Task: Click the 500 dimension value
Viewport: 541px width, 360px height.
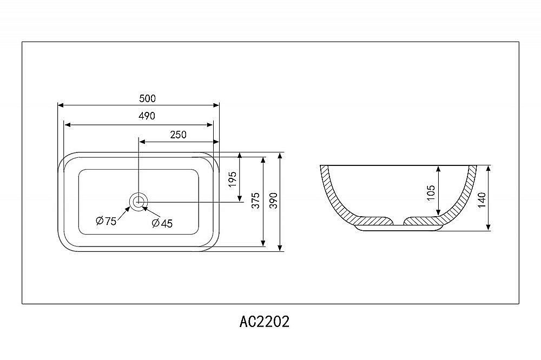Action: pyautogui.click(x=147, y=98)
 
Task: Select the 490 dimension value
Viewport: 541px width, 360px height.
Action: pyautogui.click(x=147, y=116)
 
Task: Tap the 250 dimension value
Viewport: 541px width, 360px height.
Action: pyautogui.click(x=178, y=135)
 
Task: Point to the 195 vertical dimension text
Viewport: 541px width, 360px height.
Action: pyautogui.click(x=233, y=179)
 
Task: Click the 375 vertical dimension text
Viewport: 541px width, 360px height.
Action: pyautogui.click(x=256, y=200)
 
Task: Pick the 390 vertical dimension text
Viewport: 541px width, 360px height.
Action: pyautogui.click(x=273, y=200)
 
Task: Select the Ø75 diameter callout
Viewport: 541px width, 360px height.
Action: pyautogui.click(x=105, y=221)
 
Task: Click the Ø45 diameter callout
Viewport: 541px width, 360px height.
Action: pyautogui.click(x=162, y=223)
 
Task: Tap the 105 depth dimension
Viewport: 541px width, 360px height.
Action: pyautogui.click(x=431, y=192)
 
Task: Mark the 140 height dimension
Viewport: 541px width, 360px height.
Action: pyautogui.click(x=482, y=199)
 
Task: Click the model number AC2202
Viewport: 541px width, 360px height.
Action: pyautogui.click(x=264, y=322)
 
